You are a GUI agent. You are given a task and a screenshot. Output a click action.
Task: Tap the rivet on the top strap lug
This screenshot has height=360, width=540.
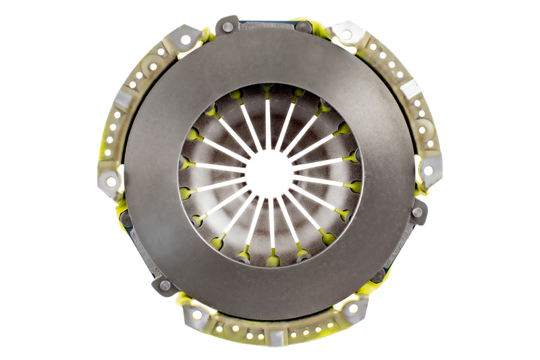228,27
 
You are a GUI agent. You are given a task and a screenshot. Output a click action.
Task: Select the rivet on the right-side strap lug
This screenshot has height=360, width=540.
418,212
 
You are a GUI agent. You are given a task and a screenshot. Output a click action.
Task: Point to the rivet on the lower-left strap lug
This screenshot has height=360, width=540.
164,286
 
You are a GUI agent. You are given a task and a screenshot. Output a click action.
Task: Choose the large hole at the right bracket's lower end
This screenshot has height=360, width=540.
428,171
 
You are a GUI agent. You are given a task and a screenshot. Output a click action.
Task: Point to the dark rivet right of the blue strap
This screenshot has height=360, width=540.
304,27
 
